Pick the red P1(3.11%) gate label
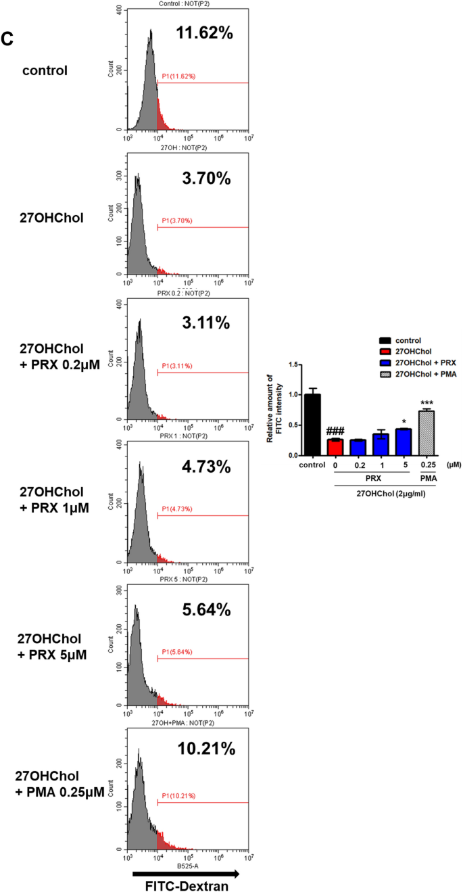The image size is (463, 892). [x=178, y=366]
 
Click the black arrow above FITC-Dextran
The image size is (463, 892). [x=185, y=868]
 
